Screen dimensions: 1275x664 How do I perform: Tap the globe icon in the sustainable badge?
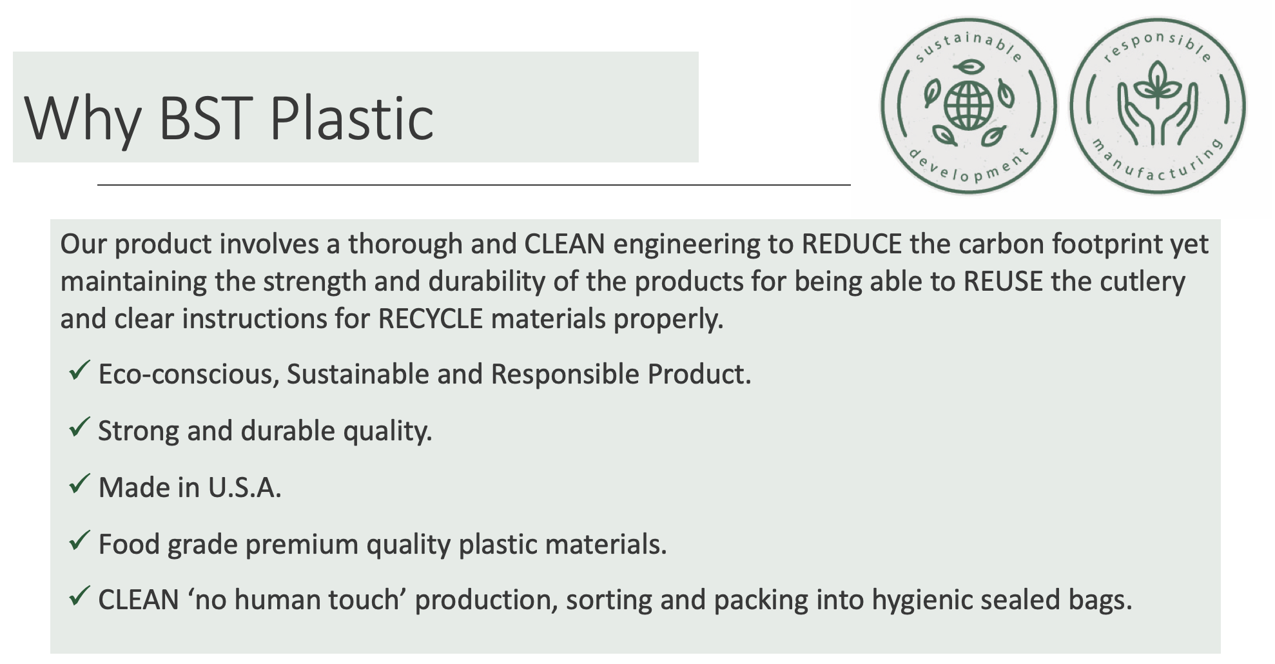click(x=968, y=104)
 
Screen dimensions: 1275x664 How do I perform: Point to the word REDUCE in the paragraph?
click(x=852, y=244)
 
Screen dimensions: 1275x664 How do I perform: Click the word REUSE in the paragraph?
click(x=1003, y=282)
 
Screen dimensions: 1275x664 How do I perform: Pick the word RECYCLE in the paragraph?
click(x=431, y=319)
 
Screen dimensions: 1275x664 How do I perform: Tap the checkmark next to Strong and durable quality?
click(x=79, y=427)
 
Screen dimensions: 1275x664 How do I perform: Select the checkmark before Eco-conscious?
click(x=79, y=370)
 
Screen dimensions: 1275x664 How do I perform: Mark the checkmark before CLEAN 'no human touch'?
click(x=79, y=596)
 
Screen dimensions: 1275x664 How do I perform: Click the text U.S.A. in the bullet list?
click(x=245, y=488)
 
